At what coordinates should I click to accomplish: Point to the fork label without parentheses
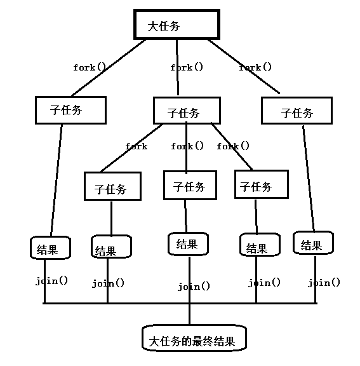137,146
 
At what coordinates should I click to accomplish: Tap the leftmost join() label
51,281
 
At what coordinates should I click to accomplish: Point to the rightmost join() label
324,283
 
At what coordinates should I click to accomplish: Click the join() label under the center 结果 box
194,287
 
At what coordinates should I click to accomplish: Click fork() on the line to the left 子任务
90,67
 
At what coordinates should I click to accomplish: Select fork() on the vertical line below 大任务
187,67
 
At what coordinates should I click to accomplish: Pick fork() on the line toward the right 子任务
255,67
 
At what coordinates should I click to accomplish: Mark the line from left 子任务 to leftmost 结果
57,180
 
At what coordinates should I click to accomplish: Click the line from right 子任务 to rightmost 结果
309,179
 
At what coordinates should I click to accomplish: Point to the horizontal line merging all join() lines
180,303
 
